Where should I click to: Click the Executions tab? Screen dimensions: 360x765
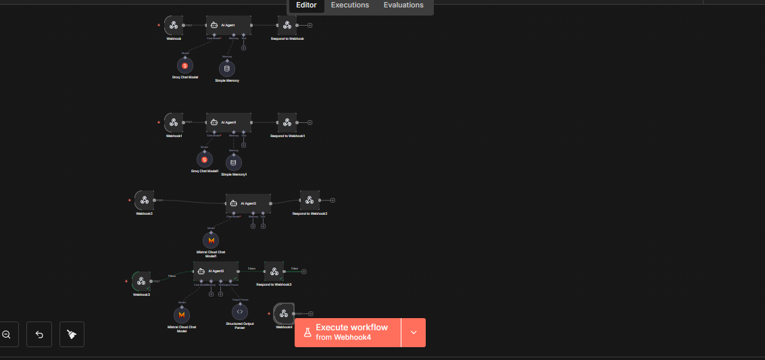[349, 5]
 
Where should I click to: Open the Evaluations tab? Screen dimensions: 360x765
[403, 5]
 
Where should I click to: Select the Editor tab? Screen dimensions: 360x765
[306, 5]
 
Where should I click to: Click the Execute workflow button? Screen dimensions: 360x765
[348, 332]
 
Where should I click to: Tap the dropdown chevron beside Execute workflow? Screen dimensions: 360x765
[414, 332]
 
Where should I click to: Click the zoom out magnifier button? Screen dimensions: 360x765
[6, 334]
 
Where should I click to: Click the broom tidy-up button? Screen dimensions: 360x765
[72, 334]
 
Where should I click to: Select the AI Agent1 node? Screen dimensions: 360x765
[228, 122]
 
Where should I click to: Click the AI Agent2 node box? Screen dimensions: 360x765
[248, 203]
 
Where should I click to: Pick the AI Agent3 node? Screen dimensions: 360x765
[216, 271]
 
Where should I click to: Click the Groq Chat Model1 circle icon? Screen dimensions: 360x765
[205, 159]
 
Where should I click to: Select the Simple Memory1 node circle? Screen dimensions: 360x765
[234, 162]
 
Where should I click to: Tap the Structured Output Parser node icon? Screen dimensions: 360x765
[239, 311]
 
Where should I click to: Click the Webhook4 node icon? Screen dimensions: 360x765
[284, 313]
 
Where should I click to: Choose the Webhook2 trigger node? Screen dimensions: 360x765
[144, 201]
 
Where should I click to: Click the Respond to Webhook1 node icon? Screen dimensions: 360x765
[287, 122]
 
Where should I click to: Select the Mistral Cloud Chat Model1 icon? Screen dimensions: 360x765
[212, 240]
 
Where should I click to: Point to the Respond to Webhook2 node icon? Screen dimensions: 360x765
[310, 200]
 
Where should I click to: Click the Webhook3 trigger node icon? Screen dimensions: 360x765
[141, 281]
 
